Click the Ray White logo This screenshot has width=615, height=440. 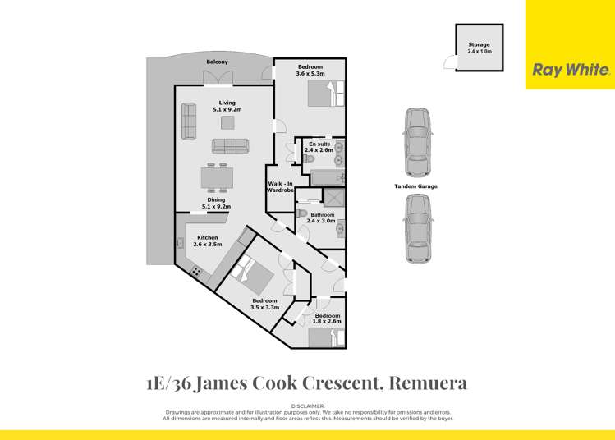click(570, 71)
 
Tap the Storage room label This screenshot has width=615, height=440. click(479, 48)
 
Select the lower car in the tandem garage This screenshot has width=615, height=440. click(416, 232)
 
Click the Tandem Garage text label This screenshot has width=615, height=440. click(416, 186)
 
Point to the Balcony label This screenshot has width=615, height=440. click(218, 62)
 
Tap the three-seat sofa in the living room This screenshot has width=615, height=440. click(230, 145)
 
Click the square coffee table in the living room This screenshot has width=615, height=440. click(227, 122)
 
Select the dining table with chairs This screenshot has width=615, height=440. click(217, 178)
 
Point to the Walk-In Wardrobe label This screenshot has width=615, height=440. click(280, 186)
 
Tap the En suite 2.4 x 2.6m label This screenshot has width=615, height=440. click(319, 147)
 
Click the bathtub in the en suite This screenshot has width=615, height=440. click(323, 177)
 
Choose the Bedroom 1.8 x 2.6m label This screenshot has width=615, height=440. click(327, 319)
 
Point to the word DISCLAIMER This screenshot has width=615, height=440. click(308, 406)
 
